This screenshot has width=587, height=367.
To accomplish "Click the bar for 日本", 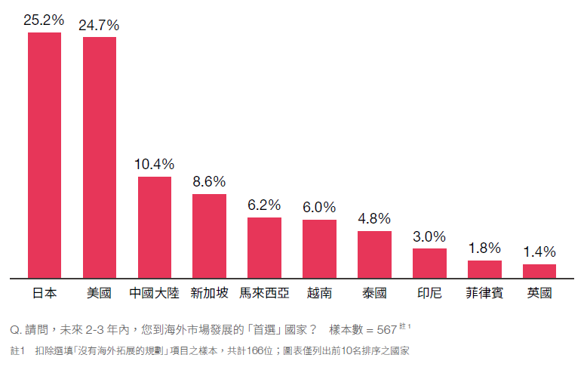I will coord(45,155).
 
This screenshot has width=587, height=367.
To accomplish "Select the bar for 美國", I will coord(100,157).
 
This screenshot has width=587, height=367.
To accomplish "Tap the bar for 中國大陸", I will coord(154,227).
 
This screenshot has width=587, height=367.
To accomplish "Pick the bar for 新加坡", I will coord(209,236).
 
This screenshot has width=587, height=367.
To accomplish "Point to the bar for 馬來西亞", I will coord(264,247).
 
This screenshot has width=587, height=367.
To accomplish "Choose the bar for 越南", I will coord(319,248).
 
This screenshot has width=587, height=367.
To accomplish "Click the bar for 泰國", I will coord(374,254).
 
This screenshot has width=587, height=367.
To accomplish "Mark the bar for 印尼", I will coord(429,263).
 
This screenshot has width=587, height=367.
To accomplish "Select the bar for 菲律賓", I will coord(484,269).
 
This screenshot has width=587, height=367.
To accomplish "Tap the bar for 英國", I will coord(539,270).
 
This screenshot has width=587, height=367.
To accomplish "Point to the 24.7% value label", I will coord(99,25).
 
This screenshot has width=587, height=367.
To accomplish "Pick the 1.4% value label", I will coord(539,252).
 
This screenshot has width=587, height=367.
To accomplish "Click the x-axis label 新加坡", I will coord(209,293).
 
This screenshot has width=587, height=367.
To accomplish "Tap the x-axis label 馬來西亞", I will coord(264,293).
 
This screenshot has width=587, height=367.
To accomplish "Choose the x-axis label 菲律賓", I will coord(484,293).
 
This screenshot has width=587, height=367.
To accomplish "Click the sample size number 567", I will coord(386,330).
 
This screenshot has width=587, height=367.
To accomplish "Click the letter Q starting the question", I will coord(13,330).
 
